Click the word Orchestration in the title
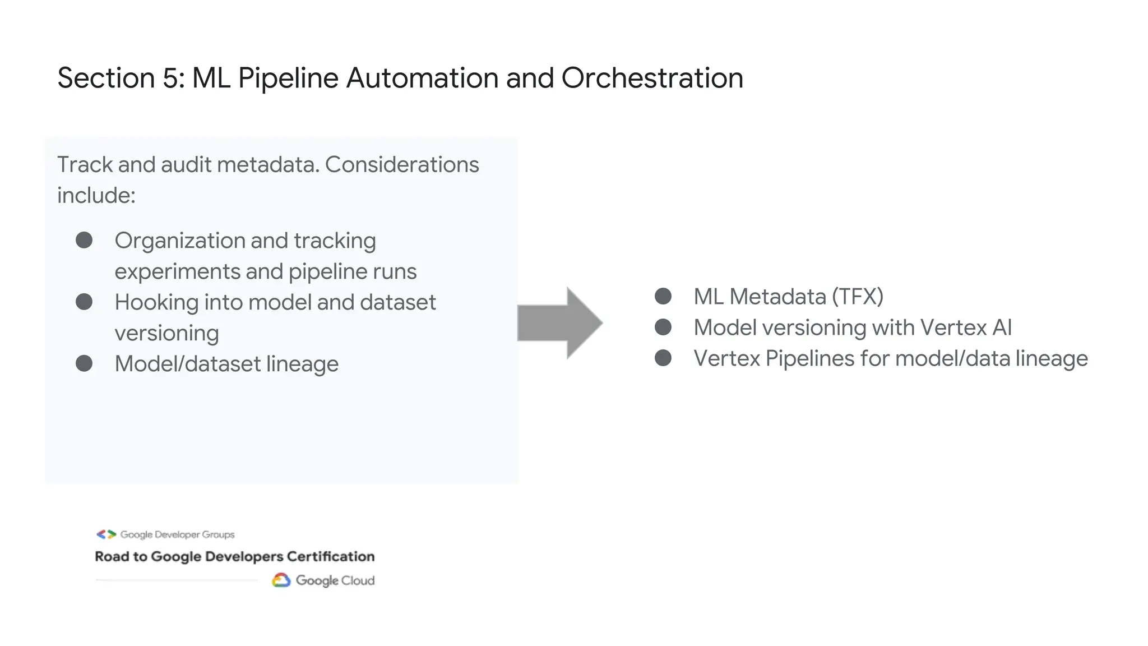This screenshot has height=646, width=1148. (x=652, y=78)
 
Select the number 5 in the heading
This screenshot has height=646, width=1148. (x=170, y=78)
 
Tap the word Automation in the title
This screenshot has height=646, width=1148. (x=422, y=78)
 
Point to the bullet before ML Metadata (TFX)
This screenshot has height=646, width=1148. (x=663, y=296)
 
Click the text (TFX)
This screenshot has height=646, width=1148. (x=857, y=297)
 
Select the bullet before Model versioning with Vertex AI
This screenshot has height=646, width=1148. (x=663, y=327)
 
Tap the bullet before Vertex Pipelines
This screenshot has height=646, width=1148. (x=663, y=358)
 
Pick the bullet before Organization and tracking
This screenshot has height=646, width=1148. (x=84, y=240)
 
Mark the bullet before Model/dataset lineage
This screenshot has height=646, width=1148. (x=84, y=363)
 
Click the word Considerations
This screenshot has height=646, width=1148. (x=402, y=165)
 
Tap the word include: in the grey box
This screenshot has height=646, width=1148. (x=96, y=196)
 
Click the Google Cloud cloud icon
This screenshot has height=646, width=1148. (x=281, y=580)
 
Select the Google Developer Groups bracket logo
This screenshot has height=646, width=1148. (x=106, y=534)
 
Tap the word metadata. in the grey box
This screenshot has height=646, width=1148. (x=268, y=165)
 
